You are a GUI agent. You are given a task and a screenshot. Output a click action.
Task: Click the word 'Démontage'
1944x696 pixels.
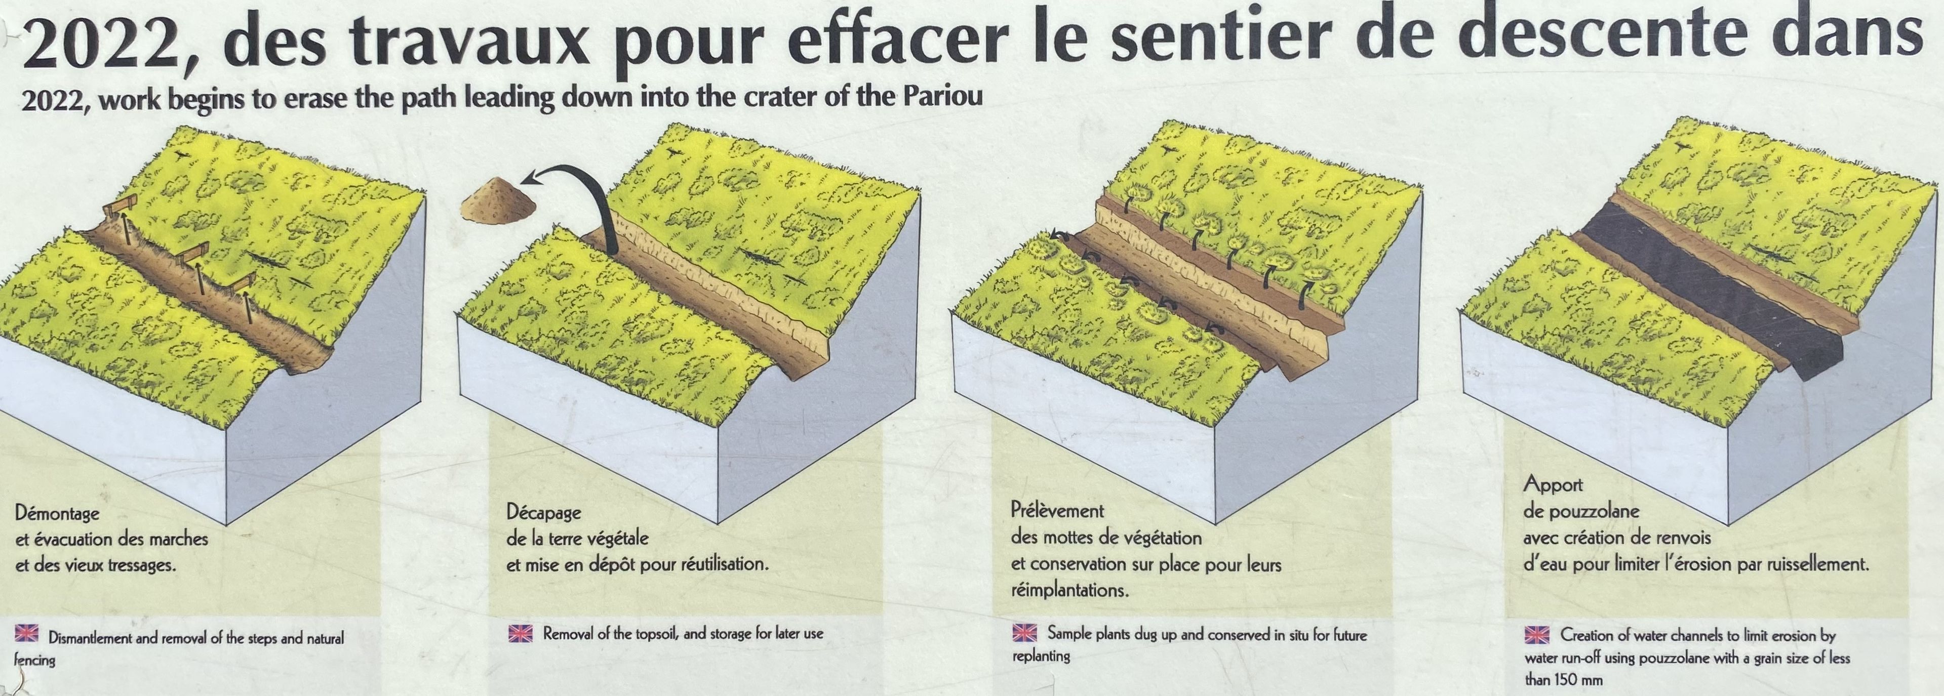point(57,515)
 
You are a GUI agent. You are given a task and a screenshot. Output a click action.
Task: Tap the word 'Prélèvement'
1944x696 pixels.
point(1056,511)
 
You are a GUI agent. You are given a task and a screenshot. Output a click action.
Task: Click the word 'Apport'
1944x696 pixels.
point(1553,485)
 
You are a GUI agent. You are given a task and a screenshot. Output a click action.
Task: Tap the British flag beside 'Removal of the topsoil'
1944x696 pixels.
point(521,633)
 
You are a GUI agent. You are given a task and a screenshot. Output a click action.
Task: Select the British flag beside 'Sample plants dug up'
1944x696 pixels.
point(1024,633)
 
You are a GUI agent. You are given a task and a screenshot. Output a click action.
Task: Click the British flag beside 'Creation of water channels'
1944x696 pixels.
point(1537,635)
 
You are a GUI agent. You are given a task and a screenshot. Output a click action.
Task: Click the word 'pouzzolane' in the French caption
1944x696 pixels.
point(1595,512)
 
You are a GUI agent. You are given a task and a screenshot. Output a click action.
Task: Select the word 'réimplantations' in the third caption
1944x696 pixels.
point(1069,590)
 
